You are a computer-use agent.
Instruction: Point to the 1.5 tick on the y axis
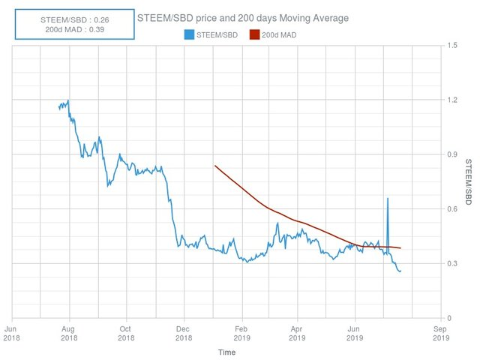tap(450, 46)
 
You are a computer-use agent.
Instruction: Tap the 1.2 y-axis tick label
tap(450, 100)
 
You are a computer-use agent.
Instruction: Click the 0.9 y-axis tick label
tap(450, 154)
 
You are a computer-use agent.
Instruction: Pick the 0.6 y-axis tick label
tap(450, 209)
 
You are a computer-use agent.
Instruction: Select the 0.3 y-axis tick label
tap(450, 264)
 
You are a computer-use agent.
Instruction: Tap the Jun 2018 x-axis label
tap(12, 332)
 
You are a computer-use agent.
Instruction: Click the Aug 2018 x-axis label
tap(69, 332)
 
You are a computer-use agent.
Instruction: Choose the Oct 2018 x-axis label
tap(126, 332)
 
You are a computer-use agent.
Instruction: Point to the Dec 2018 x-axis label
tap(184, 332)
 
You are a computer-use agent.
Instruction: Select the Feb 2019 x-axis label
tap(241, 332)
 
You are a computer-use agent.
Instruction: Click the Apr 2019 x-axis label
tap(298, 332)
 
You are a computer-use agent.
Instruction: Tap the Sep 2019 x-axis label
tap(441, 332)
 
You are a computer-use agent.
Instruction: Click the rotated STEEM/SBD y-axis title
tap(468, 182)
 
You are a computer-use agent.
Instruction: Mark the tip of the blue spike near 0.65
tap(387, 198)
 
